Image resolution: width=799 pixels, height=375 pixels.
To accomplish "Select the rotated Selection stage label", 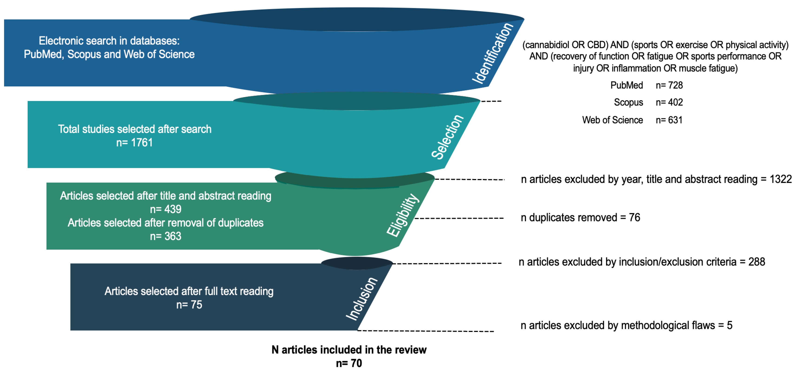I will point(447,137).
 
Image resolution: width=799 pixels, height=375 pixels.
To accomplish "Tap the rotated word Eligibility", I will point(403,215).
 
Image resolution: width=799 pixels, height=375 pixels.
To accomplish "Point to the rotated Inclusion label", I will point(362,299).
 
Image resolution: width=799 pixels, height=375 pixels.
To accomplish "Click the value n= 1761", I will point(134,143).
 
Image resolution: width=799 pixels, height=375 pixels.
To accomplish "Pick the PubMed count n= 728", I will point(669,85).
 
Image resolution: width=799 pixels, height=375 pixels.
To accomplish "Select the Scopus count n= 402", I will point(669,102).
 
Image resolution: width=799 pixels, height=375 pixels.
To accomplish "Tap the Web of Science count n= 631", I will point(669,120).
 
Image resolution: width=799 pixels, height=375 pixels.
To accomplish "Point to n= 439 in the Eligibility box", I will point(166,209).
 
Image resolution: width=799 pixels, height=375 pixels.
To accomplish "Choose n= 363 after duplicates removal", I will point(166,236).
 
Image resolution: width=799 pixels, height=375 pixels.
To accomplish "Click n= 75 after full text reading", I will point(189,305).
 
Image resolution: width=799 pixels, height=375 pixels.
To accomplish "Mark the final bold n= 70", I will point(349,363).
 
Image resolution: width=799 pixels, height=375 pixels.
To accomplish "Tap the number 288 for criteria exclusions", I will point(756,262).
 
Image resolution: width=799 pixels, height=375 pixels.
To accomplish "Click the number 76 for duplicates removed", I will point(634,218).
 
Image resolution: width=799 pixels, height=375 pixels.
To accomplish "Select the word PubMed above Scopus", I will point(627,85).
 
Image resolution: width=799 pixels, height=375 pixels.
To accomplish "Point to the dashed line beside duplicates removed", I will point(459,218).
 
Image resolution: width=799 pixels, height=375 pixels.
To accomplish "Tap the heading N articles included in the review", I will point(349,350).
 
